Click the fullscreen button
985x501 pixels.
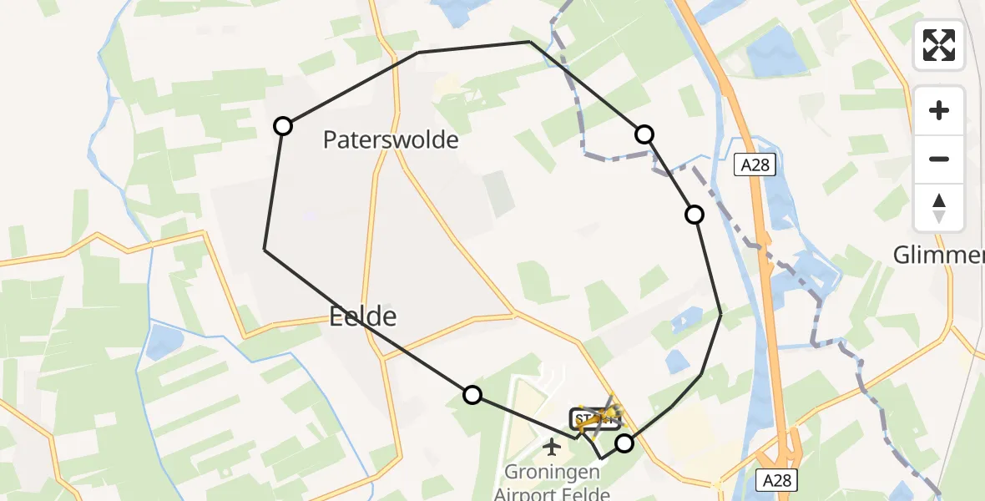click(939, 45)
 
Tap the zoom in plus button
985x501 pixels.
click(939, 110)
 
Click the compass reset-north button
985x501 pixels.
click(939, 207)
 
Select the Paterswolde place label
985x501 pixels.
click(391, 139)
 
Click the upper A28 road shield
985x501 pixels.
click(755, 164)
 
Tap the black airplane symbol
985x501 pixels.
click(551, 447)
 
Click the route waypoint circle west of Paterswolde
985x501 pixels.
click(283, 126)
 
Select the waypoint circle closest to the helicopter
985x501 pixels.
click(624, 443)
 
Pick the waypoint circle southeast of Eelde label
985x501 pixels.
click(472, 395)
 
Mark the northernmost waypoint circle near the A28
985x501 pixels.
click(644, 134)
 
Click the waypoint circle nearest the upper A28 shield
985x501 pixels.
click(695, 215)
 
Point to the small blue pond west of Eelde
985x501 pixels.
click(164, 342)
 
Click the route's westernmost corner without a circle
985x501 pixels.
click(265, 249)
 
